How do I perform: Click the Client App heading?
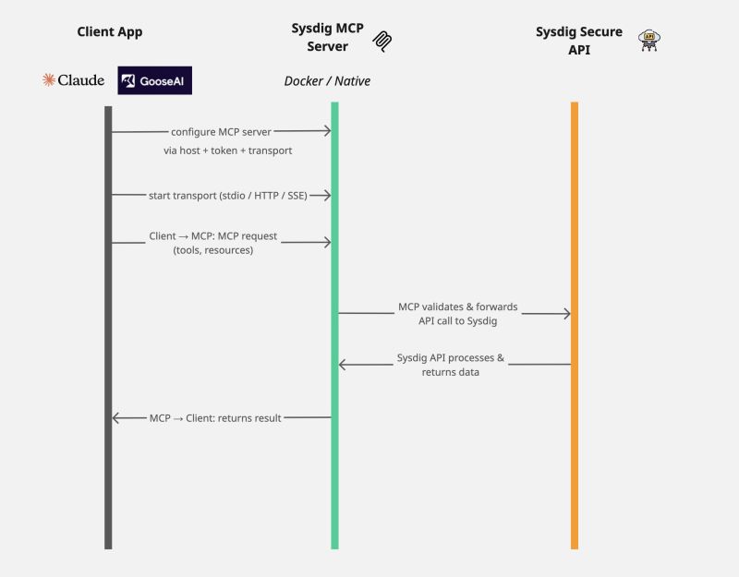coord(110,32)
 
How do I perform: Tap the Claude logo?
coord(73,80)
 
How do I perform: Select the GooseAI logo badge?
coord(154,80)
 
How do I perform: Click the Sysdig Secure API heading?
coord(579,39)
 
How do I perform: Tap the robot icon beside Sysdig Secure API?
coord(650,40)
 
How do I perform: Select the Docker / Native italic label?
coord(327,81)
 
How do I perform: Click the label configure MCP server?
coord(221,132)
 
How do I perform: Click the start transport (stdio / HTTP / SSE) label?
coord(227,195)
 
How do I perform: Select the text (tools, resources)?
coord(212,250)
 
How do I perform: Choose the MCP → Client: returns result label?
coord(215,418)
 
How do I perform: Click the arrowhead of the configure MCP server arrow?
coord(327,132)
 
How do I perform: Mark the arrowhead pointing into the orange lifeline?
coord(566,314)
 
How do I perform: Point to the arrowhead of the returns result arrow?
coord(116,418)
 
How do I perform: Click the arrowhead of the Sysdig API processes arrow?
coord(343,365)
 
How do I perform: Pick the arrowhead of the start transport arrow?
coord(327,195)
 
